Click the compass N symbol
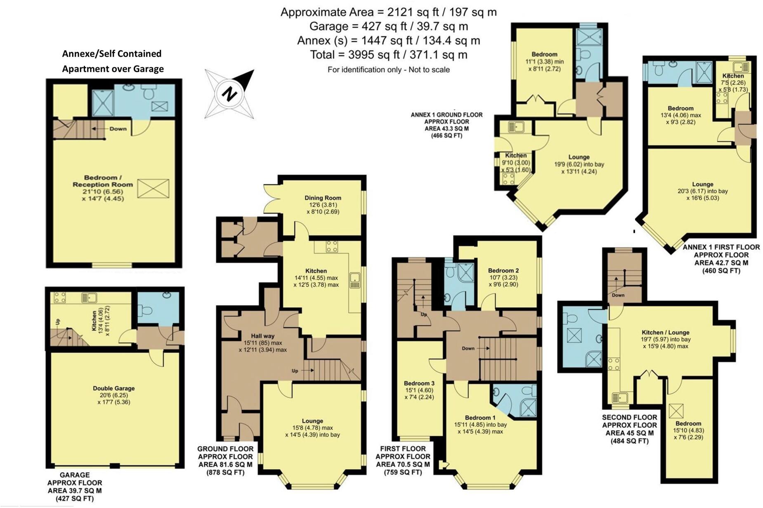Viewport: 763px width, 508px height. tap(228, 94)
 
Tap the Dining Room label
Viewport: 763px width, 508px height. tap(322, 198)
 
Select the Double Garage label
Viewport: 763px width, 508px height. tap(113, 388)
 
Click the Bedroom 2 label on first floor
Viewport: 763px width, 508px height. tap(503, 270)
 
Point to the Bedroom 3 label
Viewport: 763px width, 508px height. tap(419, 383)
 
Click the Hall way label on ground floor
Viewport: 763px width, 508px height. tap(262, 336)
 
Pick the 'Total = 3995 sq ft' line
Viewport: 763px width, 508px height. tap(388, 55)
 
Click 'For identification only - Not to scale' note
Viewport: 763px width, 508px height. tap(388, 70)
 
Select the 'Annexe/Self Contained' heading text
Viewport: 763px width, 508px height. tap(111, 54)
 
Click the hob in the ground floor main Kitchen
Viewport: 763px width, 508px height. tap(332, 246)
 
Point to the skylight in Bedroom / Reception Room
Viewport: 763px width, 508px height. tap(153, 189)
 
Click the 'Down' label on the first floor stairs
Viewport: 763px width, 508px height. tap(468, 348)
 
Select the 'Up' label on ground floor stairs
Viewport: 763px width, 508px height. tap(295, 371)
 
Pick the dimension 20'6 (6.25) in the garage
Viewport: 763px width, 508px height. tap(113, 395)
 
